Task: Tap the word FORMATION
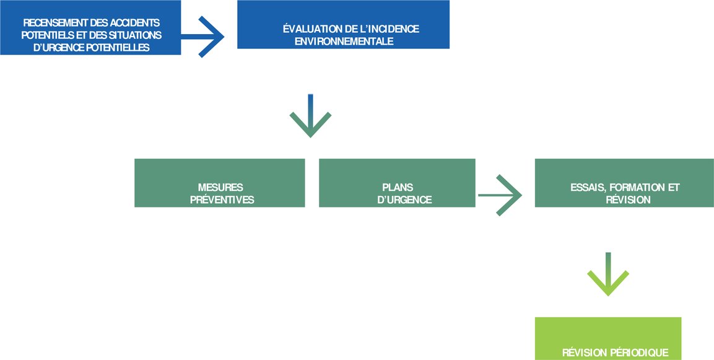pos(638,188)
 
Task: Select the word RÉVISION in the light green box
pos(581,353)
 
